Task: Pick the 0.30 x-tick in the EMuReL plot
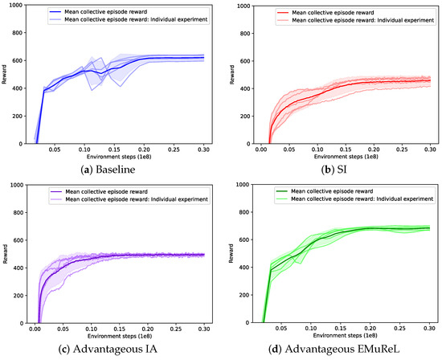click(x=430, y=330)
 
